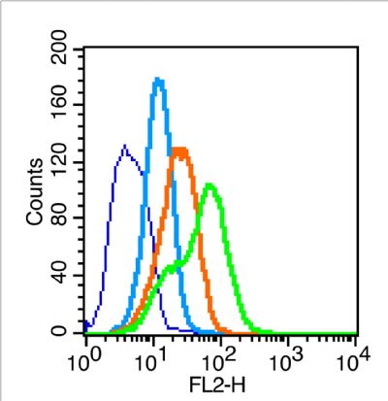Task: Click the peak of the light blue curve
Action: [x=158, y=81]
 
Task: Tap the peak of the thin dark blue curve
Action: [x=124, y=147]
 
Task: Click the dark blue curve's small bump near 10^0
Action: [x=90, y=322]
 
